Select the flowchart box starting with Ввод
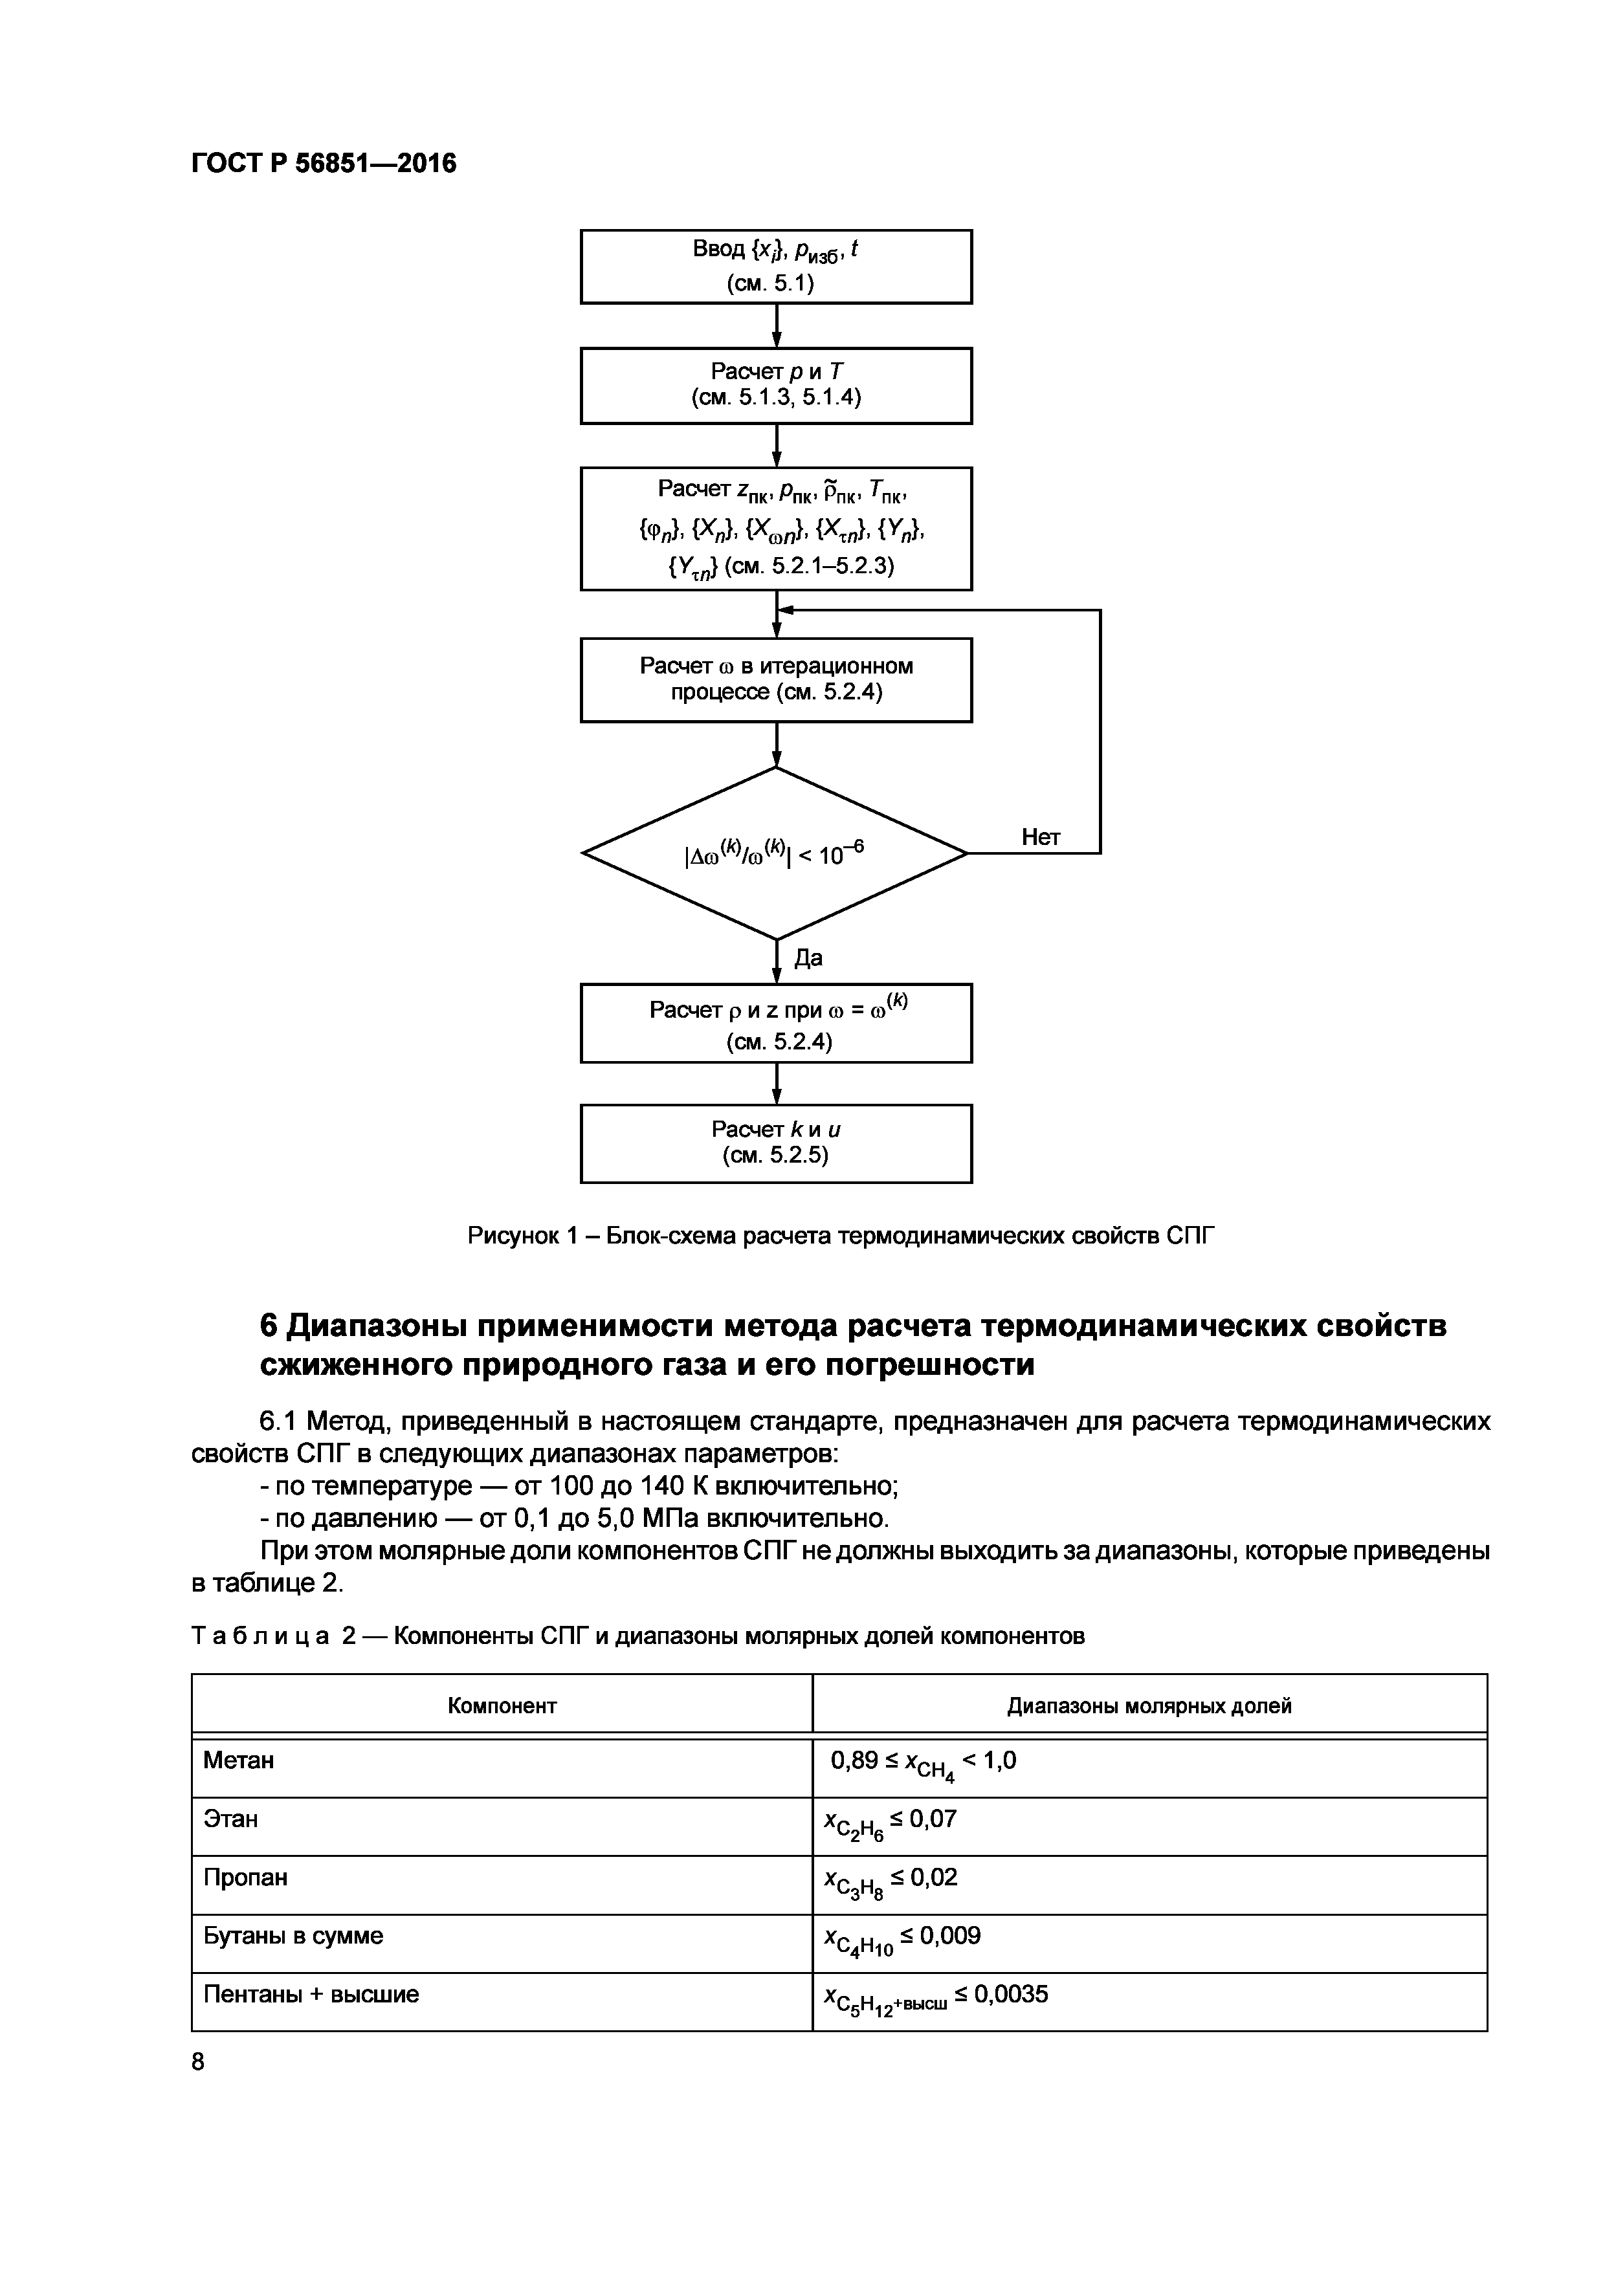click(776, 267)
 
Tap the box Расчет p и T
click(776, 386)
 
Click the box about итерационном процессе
click(776, 680)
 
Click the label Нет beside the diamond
click(1040, 837)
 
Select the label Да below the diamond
click(808, 958)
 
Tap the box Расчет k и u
click(776, 1143)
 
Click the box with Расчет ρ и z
click(776, 1024)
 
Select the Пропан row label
click(245, 1877)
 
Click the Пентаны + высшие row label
click(311, 1993)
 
